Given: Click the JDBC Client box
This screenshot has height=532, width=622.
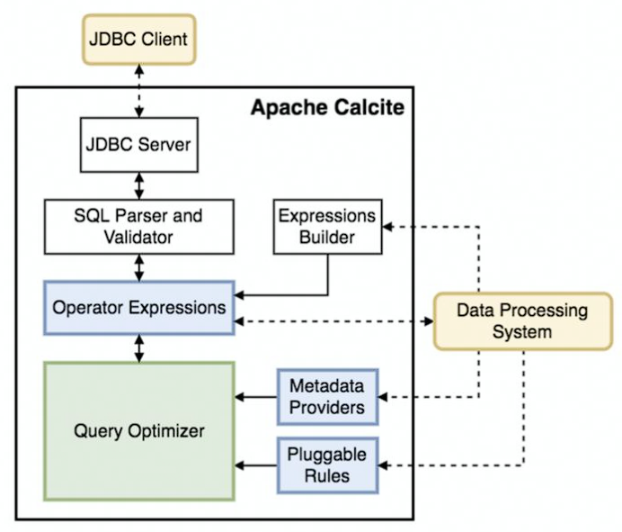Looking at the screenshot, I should [x=138, y=41].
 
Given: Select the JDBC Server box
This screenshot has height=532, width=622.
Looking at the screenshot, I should [x=138, y=145].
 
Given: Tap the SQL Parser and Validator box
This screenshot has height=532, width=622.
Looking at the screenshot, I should [x=138, y=226].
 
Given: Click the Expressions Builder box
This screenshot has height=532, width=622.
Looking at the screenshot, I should [x=327, y=226].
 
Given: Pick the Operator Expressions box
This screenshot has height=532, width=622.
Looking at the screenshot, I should [x=138, y=307].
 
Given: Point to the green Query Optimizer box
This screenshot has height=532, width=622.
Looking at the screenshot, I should [x=138, y=431].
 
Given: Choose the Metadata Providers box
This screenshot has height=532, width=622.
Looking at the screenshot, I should [x=327, y=396].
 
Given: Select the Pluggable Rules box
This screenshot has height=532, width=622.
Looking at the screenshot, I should [x=327, y=464].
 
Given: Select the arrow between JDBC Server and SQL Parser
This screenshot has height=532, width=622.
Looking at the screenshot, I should [x=138, y=185].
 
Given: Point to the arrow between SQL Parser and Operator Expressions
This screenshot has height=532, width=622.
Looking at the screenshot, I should [x=138, y=266].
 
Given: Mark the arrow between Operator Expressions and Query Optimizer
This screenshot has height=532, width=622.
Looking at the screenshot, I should [x=138, y=348].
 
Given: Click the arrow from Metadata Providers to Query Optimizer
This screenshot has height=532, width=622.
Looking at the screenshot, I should [x=256, y=396].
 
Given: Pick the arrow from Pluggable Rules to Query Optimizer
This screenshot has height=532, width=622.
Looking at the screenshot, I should [x=256, y=464].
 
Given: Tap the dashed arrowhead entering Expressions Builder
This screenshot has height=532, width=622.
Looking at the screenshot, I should [x=389, y=226].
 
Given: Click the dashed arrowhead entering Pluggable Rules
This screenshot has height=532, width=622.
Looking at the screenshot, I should [x=387, y=464].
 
